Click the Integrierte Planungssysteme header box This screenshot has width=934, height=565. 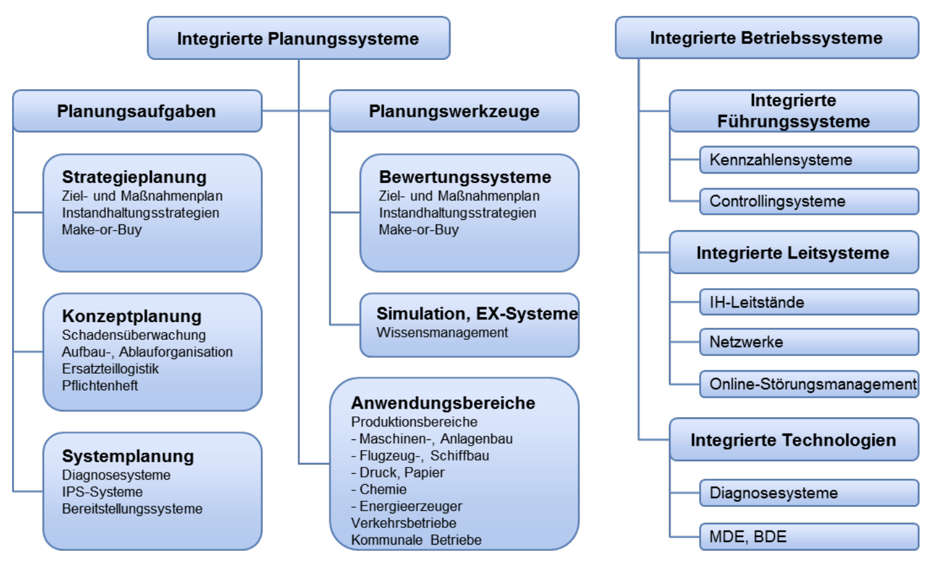pos(298,38)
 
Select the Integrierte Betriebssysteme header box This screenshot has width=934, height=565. pos(766,38)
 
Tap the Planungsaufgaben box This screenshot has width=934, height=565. pos(137,111)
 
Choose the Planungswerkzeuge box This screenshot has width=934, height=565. pos(454,111)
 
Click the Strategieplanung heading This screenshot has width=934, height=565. pos(134,177)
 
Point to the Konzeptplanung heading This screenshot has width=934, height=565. pos(131,316)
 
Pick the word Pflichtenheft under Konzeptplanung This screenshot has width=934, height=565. pos(100,385)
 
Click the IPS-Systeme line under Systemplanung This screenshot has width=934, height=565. pos(102,492)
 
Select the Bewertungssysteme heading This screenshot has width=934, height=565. pos(464,177)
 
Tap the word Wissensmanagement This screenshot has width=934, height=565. pos(442,332)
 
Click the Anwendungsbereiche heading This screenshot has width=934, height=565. pos(443,402)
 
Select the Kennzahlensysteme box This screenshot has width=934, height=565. pos(808,159)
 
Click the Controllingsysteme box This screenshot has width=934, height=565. pos(808,201)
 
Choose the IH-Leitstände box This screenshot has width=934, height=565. pos(808,302)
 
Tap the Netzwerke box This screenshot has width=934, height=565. pos(808,342)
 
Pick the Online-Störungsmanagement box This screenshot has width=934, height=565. pos(808,384)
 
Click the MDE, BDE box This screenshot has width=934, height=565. pos(808,536)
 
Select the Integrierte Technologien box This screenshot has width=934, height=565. pos(793,439)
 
